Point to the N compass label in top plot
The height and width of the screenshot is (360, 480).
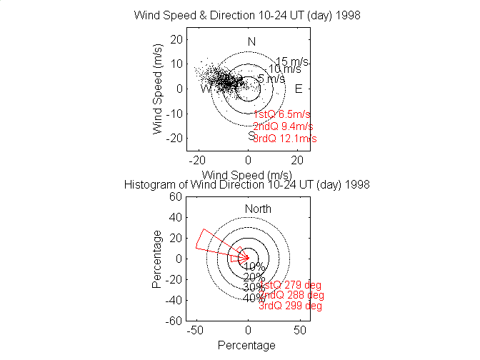(x=251, y=41)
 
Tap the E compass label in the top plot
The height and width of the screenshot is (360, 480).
(x=299, y=89)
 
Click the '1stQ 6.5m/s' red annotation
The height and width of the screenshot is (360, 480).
(x=282, y=114)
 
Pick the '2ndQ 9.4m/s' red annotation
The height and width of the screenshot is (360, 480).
(x=284, y=126)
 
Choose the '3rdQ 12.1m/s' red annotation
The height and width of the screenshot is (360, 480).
(x=285, y=139)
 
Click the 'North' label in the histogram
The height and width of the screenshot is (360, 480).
(x=259, y=209)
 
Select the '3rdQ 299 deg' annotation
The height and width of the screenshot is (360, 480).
(x=290, y=306)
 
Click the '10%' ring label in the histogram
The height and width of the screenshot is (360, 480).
(x=254, y=266)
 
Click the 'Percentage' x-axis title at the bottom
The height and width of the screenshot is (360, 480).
(x=246, y=346)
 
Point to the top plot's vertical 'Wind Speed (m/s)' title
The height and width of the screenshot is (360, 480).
(x=158, y=89)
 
